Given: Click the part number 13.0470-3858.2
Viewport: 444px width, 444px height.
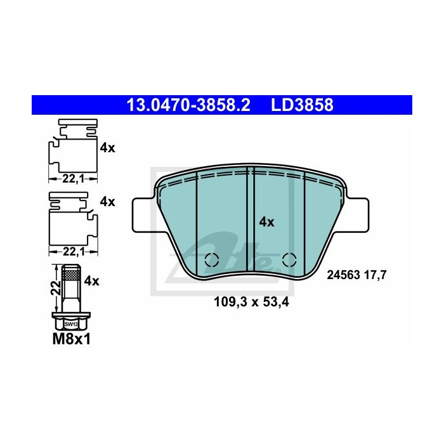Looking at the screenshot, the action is tap(188, 105).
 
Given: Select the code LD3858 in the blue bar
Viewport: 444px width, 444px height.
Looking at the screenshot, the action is tap(302, 105).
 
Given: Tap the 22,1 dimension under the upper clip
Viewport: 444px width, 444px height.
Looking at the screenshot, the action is tap(73, 179).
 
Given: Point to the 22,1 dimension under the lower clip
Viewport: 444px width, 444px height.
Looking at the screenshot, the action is tap(74, 251).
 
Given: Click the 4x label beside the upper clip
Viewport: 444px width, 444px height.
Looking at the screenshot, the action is tap(108, 148).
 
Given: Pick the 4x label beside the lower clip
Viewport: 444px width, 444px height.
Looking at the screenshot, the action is tap(108, 202).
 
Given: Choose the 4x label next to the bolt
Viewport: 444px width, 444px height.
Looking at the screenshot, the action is tap(92, 281).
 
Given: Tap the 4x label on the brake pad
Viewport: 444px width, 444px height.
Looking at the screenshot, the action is tap(267, 222).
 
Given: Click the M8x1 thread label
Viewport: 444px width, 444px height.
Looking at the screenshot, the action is tap(72, 339).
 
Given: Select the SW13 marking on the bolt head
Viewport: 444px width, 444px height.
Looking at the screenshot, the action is tap(71, 324).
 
